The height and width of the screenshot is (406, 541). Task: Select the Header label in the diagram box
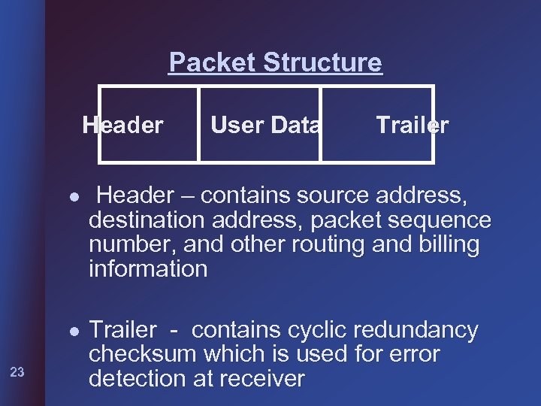coord(122,125)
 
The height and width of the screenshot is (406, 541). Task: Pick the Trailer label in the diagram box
coord(412,125)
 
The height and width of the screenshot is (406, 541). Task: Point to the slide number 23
coord(18,371)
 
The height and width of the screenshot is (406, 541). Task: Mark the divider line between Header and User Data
coord(198,124)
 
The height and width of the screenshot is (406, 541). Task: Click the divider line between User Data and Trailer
coord(321,124)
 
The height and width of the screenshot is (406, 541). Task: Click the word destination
coord(146,220)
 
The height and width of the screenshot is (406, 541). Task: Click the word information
coord(148,269)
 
